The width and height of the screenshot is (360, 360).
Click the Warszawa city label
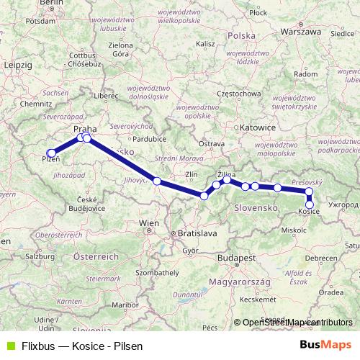[x=300, y=32]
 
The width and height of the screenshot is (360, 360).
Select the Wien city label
[x=148, y=224]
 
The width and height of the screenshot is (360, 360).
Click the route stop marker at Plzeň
[x=51, y=153]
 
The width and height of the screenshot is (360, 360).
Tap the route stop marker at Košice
[x=310, y=204]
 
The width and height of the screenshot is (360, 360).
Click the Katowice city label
[x=258, y=127]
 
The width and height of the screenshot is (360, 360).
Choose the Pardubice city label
[x=149, y=138]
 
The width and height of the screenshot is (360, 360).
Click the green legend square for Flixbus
[x=9, y=346]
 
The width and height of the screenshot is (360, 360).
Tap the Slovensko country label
[x=256, y=207]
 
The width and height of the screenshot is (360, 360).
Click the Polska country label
[x=240, y=35]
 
